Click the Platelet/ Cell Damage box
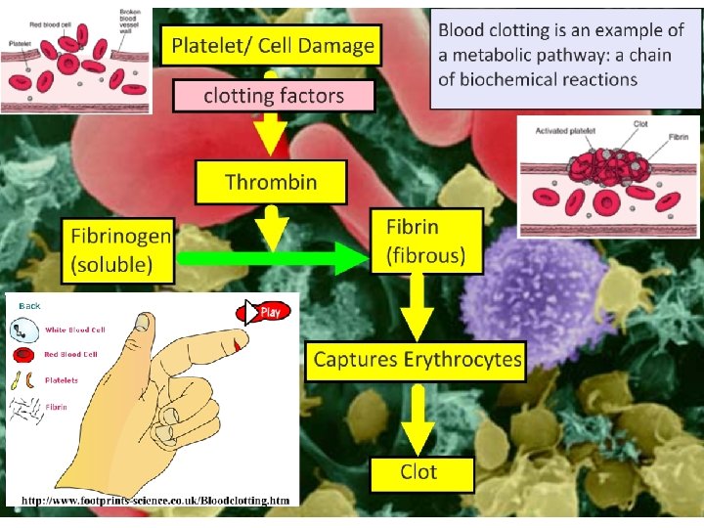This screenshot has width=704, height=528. [273, 46]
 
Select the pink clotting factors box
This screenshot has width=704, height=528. [274, 96]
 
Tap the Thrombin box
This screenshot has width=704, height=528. [271, 182]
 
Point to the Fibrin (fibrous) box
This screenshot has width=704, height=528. [425, 242]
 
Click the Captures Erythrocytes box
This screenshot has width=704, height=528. [418, 360]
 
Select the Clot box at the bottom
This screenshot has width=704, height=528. [419, 473]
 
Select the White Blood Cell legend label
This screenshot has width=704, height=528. [74, 330]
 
